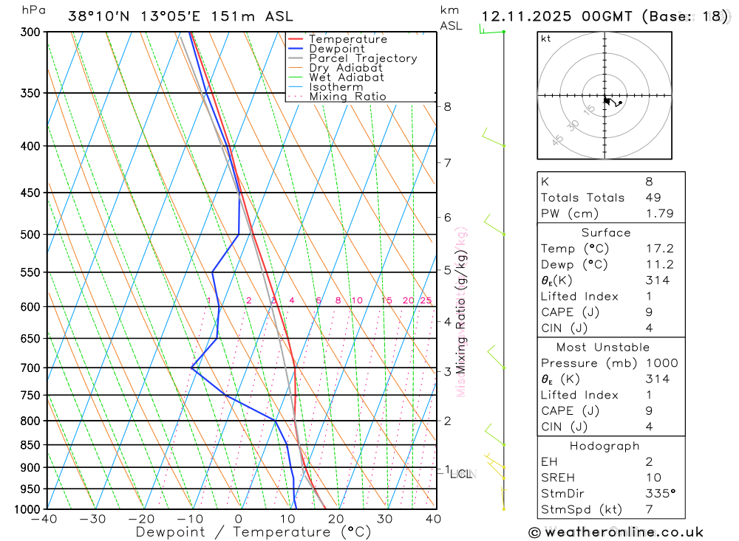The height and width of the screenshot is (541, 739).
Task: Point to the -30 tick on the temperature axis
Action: point(93,519)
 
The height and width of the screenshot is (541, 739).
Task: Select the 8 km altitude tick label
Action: point(448,106)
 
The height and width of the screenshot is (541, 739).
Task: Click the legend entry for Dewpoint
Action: point(337,49)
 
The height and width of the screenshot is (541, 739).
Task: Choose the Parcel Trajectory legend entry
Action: point(363,58)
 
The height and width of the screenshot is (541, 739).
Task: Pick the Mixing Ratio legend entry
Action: point(347,97)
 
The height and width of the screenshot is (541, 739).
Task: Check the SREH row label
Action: point(557,478)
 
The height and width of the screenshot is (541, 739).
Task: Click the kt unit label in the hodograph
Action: point(546,38)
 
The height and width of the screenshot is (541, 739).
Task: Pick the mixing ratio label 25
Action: point(426,300)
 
